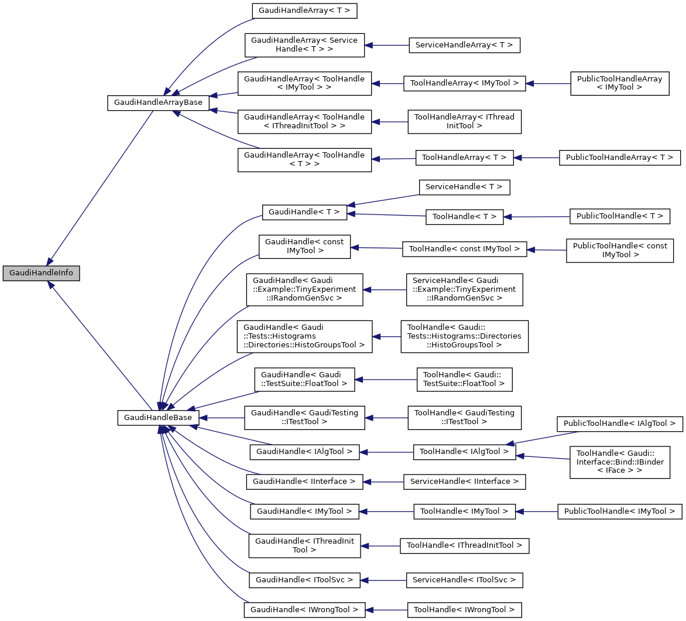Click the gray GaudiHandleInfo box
click(41, 274)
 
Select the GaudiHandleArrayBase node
click(158, 102)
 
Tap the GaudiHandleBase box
click(158, 418)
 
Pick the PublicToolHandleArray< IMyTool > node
click(619, 83)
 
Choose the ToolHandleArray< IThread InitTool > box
click(464, 121)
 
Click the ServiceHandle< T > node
click(464, 187)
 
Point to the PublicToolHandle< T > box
click(619, 216)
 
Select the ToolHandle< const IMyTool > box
click(464, 249)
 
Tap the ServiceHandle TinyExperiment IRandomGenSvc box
click(464, 289)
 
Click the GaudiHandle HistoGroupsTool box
click(304, 336)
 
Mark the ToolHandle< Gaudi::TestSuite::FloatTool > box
click(464, 379)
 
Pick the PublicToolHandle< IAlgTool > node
click(619, 423)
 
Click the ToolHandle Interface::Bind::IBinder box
click(620, 462)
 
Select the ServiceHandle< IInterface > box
click(464, 482)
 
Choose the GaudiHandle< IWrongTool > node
click(304, 610)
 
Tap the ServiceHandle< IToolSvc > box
click(464, 580)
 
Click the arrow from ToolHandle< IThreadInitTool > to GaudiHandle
click(380, 546)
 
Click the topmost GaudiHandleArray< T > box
click(304, 11)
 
